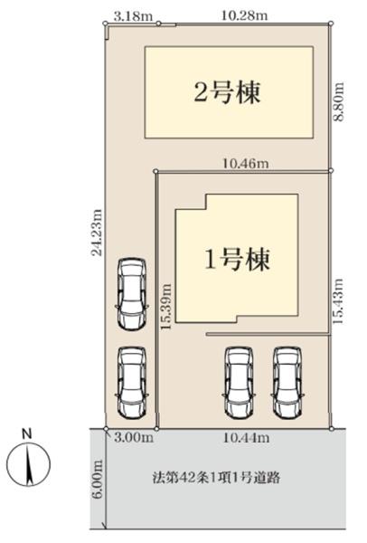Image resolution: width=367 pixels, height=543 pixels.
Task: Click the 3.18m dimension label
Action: tap(133, 16)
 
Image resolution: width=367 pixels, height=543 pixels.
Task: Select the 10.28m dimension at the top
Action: tap(245, 15)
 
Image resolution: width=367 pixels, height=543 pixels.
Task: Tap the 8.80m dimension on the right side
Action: tap(339, 101)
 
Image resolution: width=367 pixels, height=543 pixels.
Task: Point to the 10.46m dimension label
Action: tap(246, 163)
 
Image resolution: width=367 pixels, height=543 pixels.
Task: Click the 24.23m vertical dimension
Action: tap(98, 232)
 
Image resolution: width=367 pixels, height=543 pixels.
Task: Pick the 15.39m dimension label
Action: tap(166, 307)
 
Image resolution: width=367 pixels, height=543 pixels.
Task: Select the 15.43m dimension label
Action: tap(338, 301)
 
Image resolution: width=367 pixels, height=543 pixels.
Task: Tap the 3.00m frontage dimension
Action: tap(134, 438)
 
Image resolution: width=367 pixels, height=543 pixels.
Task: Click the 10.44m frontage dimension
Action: tap(246, 438)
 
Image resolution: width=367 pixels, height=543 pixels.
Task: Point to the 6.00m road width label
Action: tap(98, 479)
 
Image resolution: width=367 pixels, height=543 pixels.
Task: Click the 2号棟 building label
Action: tap(227, 92)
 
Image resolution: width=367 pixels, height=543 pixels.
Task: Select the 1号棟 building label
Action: tap(238, 260)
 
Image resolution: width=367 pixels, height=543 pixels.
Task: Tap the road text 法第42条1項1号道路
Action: tap(217, 478)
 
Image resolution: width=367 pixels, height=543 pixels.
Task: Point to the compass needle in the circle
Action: tap(29, 465)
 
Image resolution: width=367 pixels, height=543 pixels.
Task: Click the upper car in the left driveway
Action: tap(131, 293)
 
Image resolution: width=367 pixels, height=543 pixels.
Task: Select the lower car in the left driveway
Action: tap(132, 382)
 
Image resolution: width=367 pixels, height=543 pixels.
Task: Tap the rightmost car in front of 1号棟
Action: tap(287, 382)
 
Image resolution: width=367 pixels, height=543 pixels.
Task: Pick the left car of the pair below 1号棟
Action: tap(239, 382)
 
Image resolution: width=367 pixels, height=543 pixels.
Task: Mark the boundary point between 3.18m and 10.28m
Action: tap(158, 24)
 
